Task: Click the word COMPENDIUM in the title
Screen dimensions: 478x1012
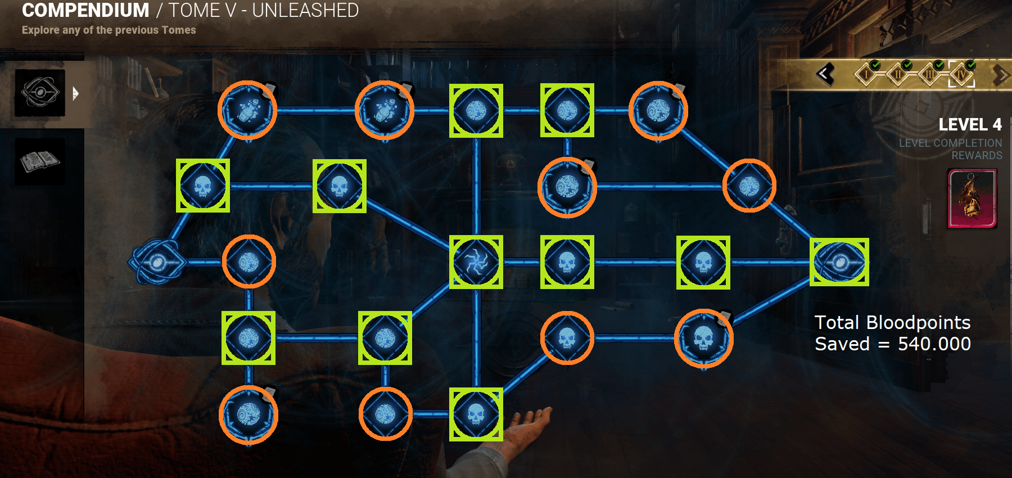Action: tap(85, 10)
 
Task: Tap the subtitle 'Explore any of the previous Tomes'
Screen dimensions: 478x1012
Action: tap(109, 30)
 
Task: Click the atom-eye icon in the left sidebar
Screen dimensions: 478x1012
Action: tap(40, 93)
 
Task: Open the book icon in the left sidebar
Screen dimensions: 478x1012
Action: tap(40, 162)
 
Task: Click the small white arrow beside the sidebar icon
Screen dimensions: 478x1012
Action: tap(75, 93)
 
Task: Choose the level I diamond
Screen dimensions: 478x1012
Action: tap(867, 74)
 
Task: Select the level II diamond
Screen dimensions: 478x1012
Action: tap(898, 74)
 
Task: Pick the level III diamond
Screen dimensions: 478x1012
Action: tap(930, 74)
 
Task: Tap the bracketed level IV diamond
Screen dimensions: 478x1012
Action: tap(961, 74)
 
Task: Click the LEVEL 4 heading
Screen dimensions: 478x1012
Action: tap(970, 124)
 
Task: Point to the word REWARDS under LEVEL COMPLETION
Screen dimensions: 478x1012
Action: tap(977, 155)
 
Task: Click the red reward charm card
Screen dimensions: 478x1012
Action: tap(972, 199)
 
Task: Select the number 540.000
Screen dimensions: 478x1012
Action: tap(934, 344)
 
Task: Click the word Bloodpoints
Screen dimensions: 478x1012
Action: tap(918, 322)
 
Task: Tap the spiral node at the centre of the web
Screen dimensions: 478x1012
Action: tap(476, 262)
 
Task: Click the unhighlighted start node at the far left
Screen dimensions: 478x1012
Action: tap(157, 262)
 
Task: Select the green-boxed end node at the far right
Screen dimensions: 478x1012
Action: tap(839, 262)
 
